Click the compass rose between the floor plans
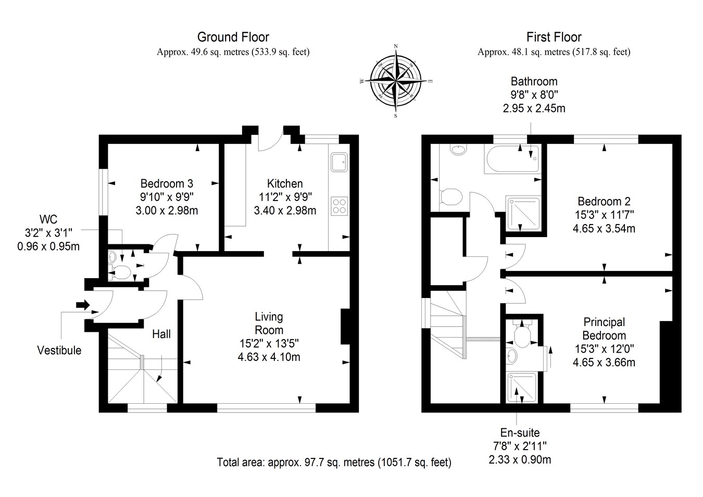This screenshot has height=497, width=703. [x=396, y=81]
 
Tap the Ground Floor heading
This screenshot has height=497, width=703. [x=233, y=37]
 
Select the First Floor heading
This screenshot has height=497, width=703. [x=554, y=37]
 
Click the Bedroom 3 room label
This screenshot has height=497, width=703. [x=167, y=183]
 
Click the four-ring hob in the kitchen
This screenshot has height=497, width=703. [x=340, y=205]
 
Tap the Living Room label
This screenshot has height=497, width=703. [x=269, y=323]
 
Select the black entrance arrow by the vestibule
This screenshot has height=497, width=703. [x=82, y=304]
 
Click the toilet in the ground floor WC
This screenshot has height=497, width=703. [x=120, y=271]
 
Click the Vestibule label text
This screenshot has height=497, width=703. [x=59, y=351]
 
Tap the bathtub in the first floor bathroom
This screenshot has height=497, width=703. [x=512, y=158]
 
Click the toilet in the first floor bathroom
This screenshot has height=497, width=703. [x=450, y=197]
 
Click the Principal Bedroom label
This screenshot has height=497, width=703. [x=604, y=329]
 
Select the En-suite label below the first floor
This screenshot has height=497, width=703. [x=520, y=432]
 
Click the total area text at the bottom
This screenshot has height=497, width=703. [x=334, y=463]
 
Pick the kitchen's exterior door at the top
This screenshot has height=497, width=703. [x=270, y=141]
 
